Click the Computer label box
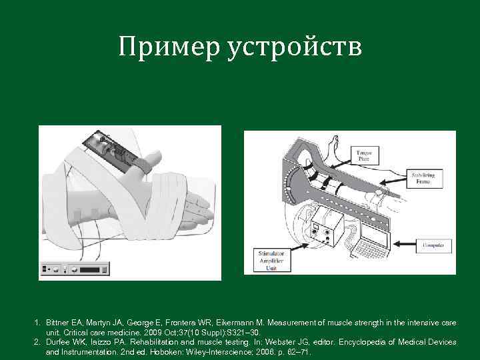click(x=433, y=247)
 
